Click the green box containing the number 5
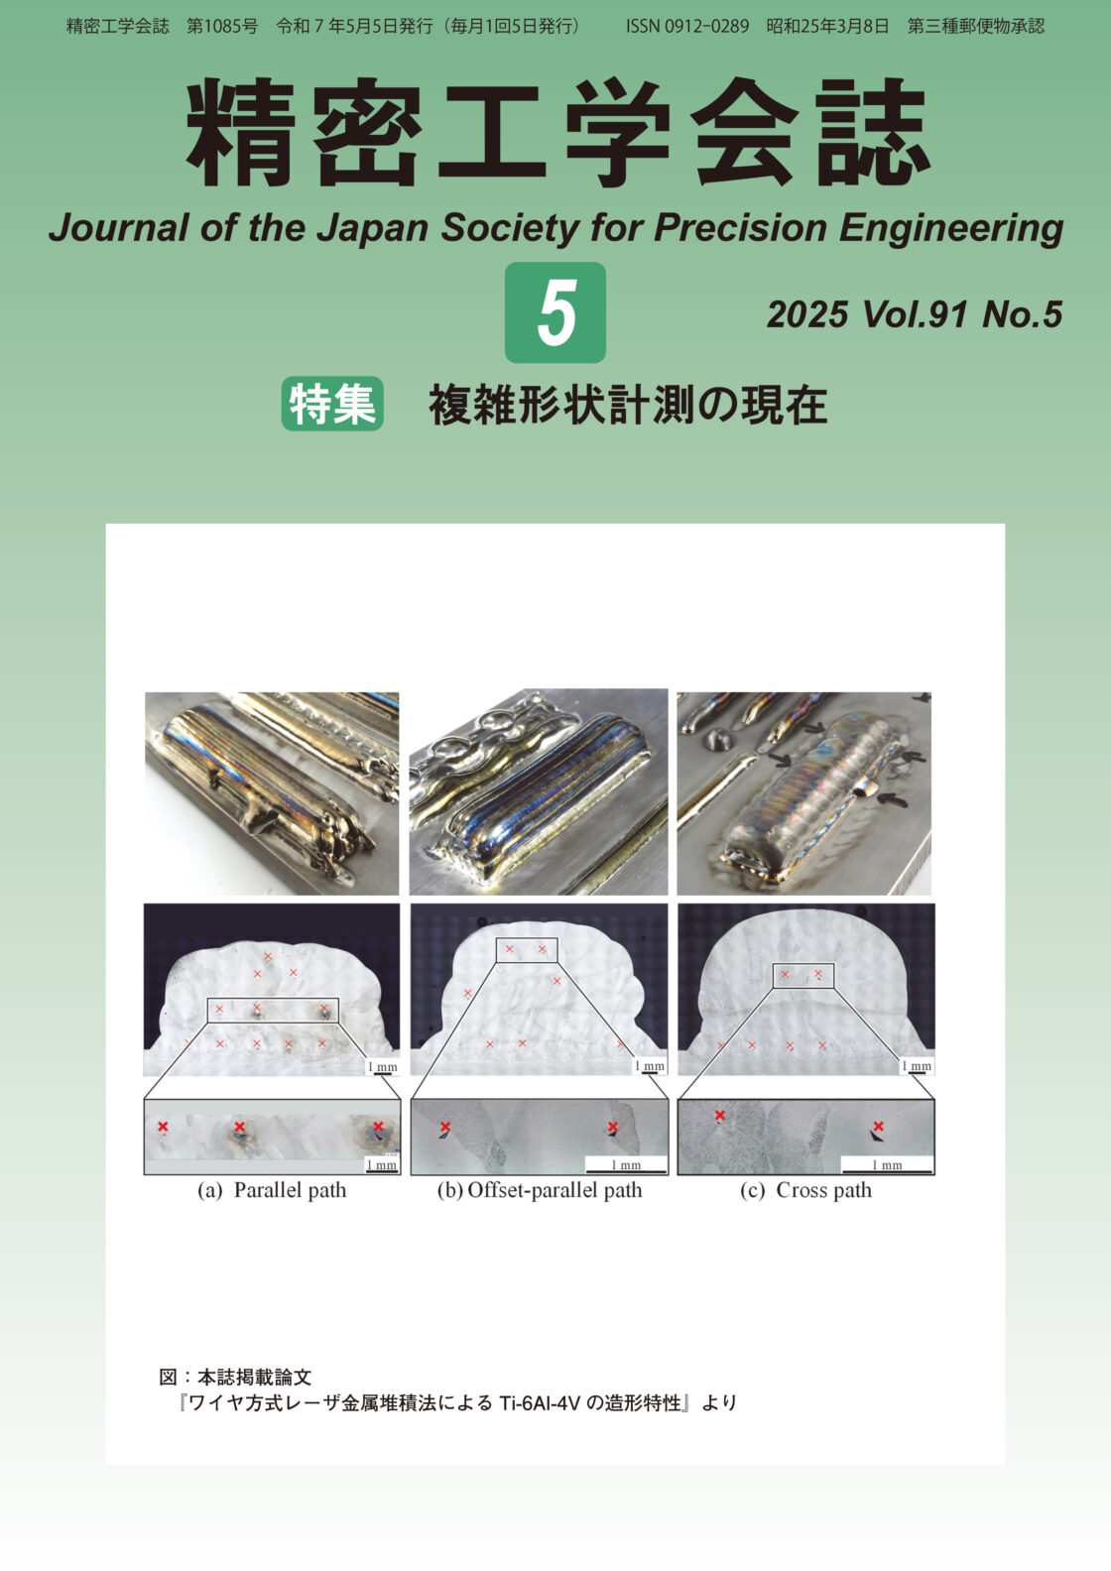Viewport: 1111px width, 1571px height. click(x=555, y=312)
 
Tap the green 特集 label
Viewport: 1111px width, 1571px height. click(x=332, y=405)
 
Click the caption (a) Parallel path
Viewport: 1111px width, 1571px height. click(x=272, y=1190)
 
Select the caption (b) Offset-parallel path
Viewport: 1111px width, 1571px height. click(x=540, y=1190)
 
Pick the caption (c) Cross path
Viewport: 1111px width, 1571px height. click(x=805, y=1190)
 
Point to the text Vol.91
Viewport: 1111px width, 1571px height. click(x=915, y=314)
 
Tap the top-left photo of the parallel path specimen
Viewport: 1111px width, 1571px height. click(x=272, y=792)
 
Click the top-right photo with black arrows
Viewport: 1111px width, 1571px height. click(x=804, y=792)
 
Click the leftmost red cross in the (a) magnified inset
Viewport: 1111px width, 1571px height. click(x=163, y=1127)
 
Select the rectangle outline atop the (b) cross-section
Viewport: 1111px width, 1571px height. click(x=527, y=950)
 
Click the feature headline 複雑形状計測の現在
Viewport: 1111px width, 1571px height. click(x=628, y=406)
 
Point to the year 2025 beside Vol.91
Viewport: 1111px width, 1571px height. click(x=806, y=314)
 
